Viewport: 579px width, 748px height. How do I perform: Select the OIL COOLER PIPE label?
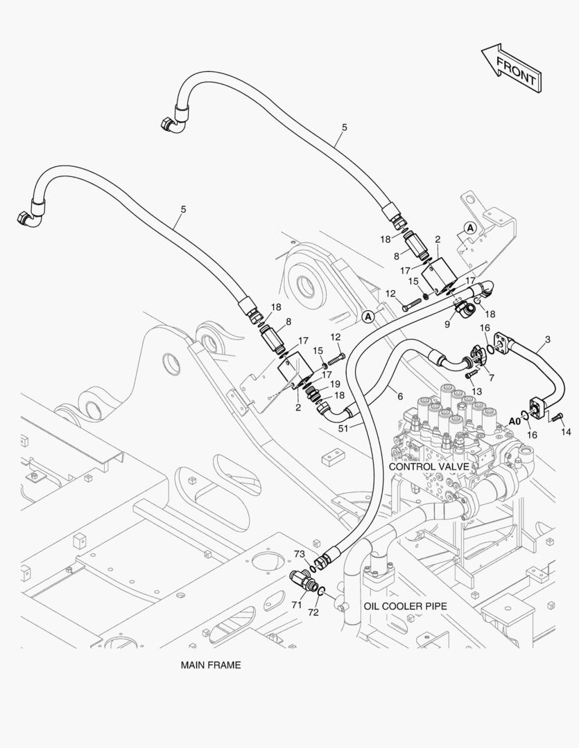point(405,605)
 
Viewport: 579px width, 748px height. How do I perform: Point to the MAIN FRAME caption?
point(211,665)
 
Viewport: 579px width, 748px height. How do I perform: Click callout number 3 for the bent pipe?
point(548,339)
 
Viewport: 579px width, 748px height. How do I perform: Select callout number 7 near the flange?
point(491,377)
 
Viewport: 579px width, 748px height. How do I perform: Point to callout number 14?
point(566,431)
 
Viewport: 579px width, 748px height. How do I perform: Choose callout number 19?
point(334,383)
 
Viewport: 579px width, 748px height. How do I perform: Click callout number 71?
point(296,605)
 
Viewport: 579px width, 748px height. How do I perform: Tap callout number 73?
point(300,553)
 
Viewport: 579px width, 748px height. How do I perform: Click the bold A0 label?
point(515,420)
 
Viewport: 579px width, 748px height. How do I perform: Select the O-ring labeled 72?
point(322,590)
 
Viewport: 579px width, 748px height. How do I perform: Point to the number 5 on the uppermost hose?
point(344,127)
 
